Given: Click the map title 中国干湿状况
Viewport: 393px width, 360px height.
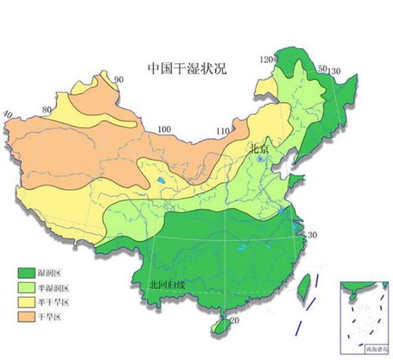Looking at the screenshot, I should [187, 68].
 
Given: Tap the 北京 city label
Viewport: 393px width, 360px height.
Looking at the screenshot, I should [261, 147].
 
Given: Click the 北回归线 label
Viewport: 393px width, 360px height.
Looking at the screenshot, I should [167, 284].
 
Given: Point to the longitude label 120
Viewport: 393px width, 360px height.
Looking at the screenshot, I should [266, 60].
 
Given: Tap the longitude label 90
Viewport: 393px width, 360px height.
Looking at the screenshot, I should [120, 80].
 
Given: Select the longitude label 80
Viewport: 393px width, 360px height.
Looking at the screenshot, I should [48, 109].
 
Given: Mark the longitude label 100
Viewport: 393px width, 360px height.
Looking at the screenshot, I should [164, 130].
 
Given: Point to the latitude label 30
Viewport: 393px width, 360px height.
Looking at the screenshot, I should [312, 236].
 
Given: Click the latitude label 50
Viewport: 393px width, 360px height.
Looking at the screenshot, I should [321, 69].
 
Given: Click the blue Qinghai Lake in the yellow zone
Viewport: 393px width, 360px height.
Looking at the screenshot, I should [161, 182].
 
